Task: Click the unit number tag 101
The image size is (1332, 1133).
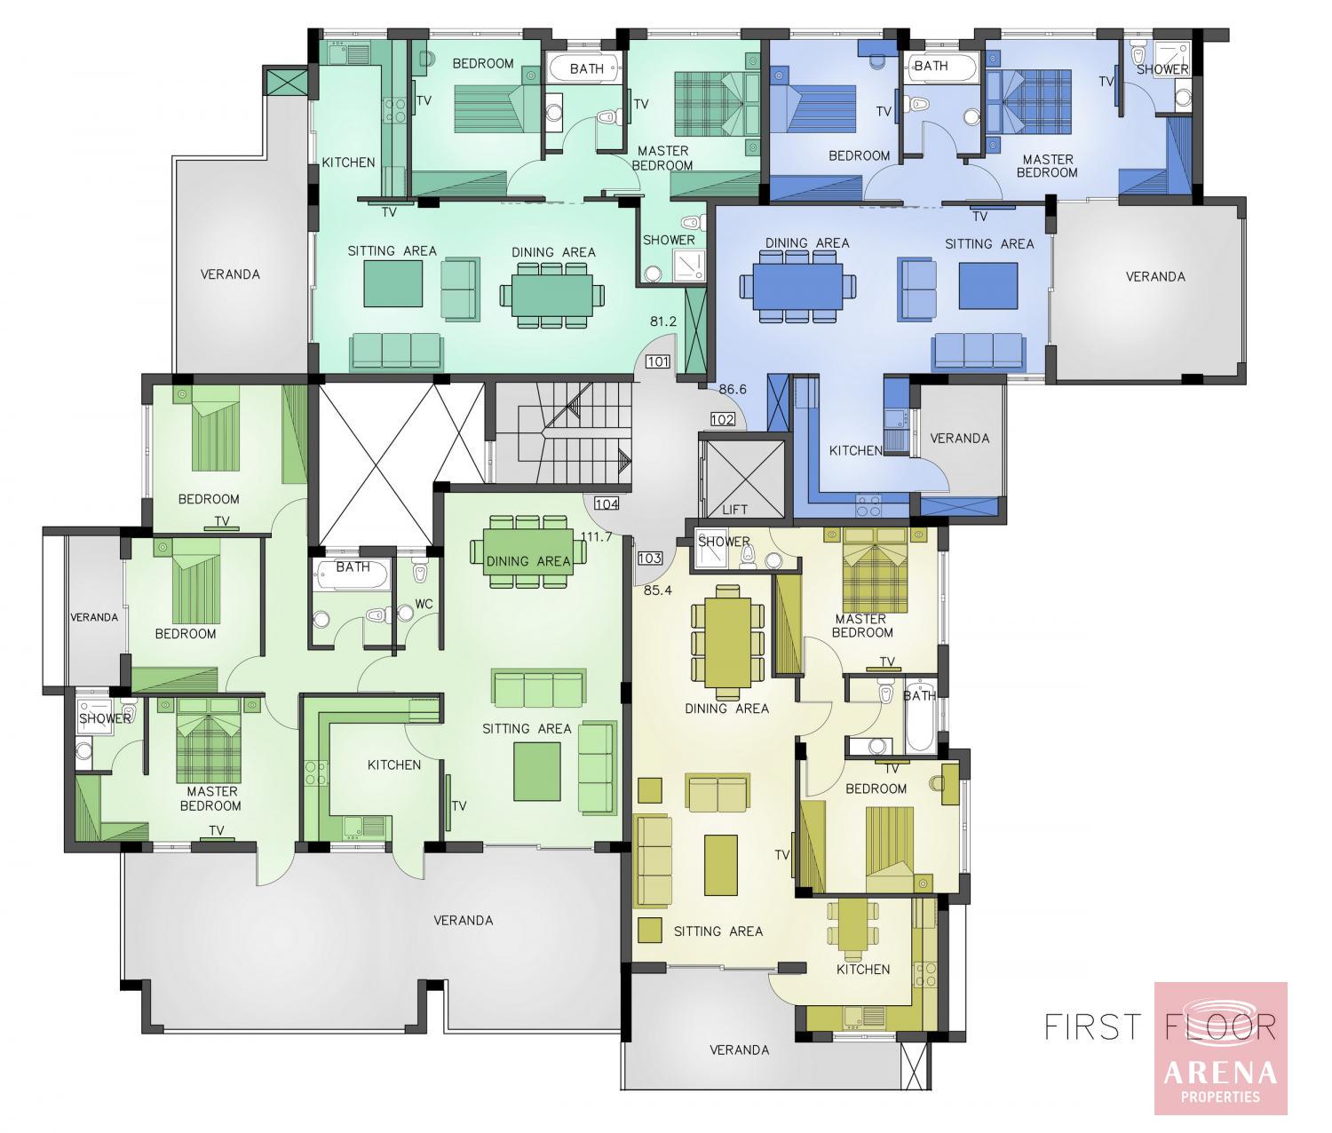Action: (658, 361)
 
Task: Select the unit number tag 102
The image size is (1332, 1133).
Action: (722, 420)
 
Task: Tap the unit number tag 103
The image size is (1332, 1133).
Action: (649, 559)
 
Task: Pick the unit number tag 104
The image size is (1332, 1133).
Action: (607, 503)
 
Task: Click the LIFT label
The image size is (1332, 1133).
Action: (734, 510)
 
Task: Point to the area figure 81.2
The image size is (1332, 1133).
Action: (663, 321)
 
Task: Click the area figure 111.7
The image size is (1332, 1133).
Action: (596, 536)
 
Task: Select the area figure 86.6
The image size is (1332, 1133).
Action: (733, 389)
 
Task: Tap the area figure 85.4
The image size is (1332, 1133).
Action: (657, 590)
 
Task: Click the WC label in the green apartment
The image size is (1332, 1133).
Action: (424, 604)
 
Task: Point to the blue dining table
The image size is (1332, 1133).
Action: (797, 286)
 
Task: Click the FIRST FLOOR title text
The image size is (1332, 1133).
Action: (1160, 1026)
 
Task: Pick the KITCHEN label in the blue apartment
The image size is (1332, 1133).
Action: (856, 450)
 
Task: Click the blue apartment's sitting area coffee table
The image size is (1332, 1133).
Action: (987, 286)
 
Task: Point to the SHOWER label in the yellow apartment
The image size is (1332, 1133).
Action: (724, 542)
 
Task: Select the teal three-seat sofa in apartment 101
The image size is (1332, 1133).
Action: (396, 352)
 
